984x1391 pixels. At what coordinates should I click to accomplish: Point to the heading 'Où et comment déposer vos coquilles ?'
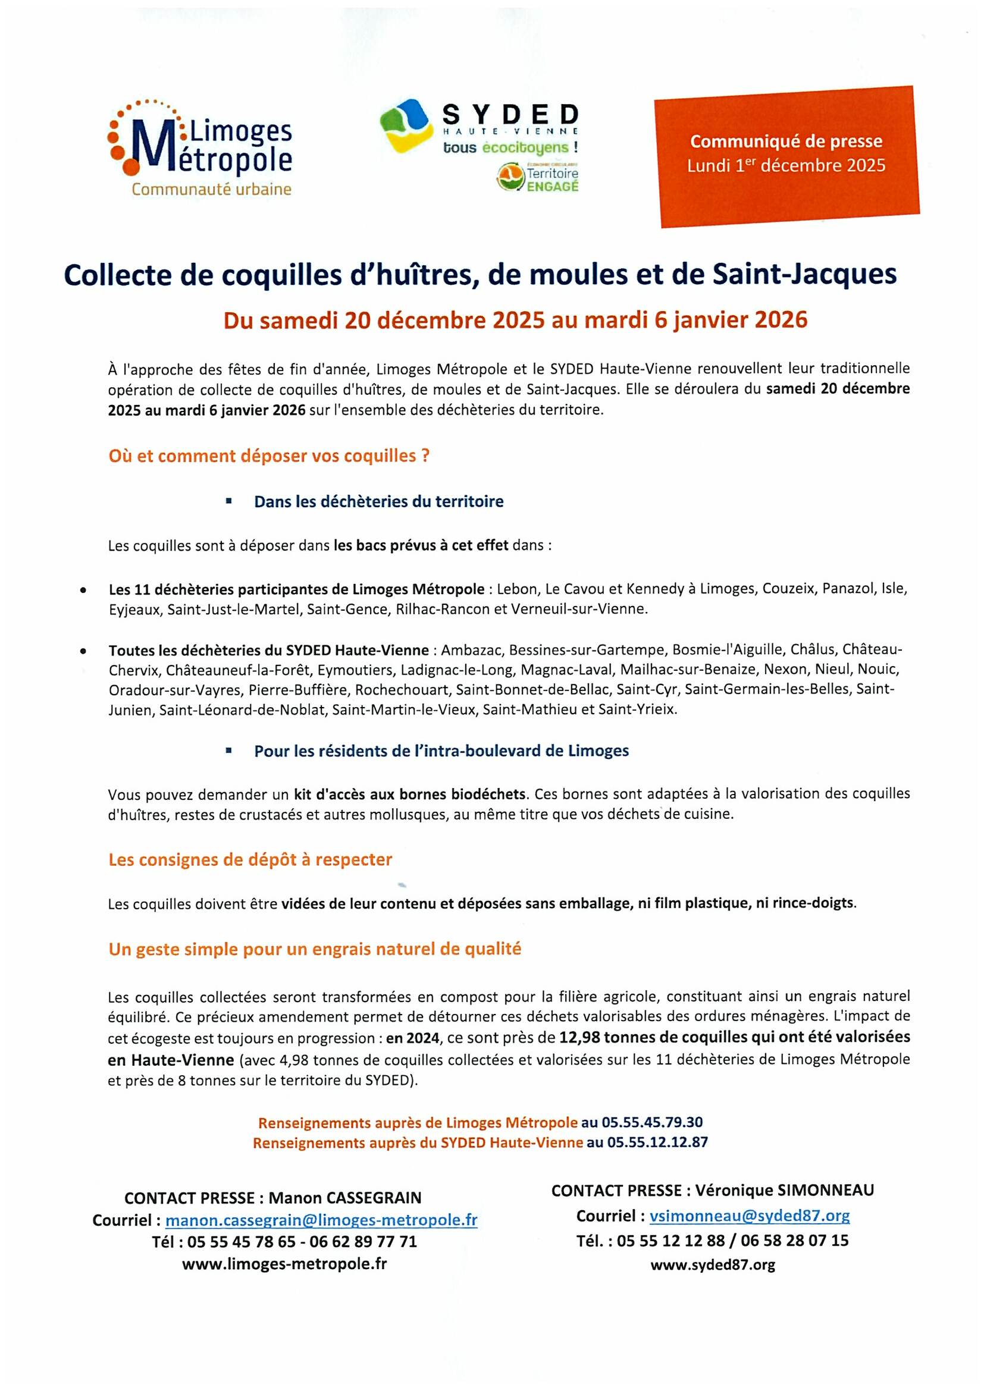(269, 456)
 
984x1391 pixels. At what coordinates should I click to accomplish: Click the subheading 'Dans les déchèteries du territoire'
(379, 502)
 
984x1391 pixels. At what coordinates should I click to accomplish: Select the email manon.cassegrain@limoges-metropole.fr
(321, 1220)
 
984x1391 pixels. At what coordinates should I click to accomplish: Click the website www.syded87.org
(713, 1265)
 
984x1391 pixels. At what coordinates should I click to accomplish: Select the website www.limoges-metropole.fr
(284, 1263)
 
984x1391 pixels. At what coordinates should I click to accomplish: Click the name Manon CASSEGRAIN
(345, 1198)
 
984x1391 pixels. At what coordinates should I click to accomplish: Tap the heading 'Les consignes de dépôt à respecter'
(250, 859)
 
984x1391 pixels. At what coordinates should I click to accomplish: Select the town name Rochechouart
(402, 689)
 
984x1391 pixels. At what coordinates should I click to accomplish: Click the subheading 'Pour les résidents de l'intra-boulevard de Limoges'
(441, 751)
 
